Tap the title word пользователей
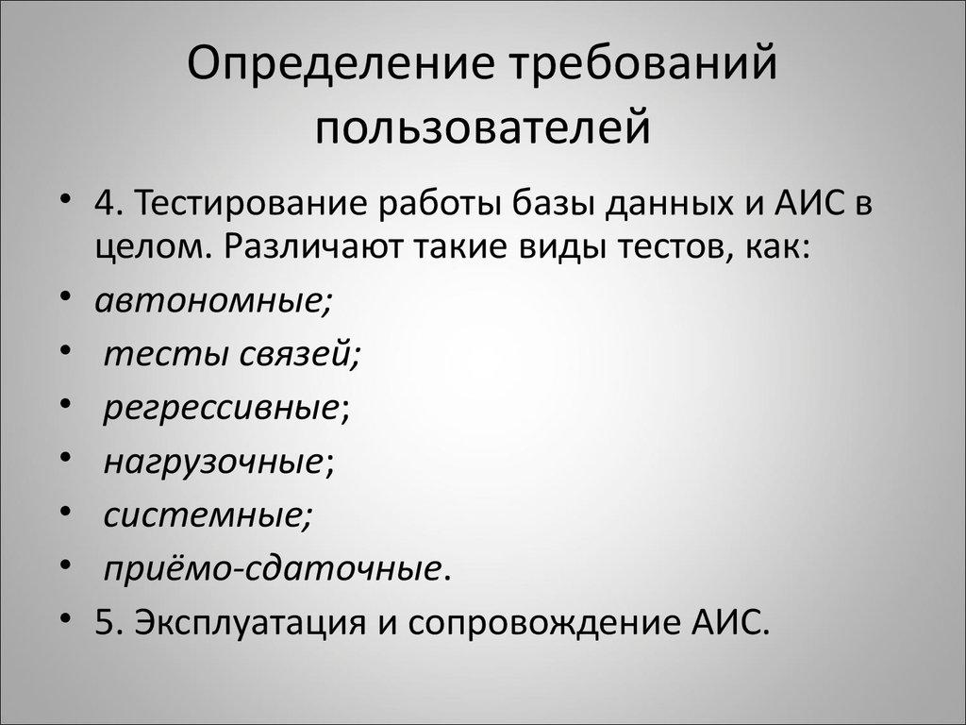[483, 127]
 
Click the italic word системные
[204, 515]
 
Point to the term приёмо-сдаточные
[271, 569]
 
